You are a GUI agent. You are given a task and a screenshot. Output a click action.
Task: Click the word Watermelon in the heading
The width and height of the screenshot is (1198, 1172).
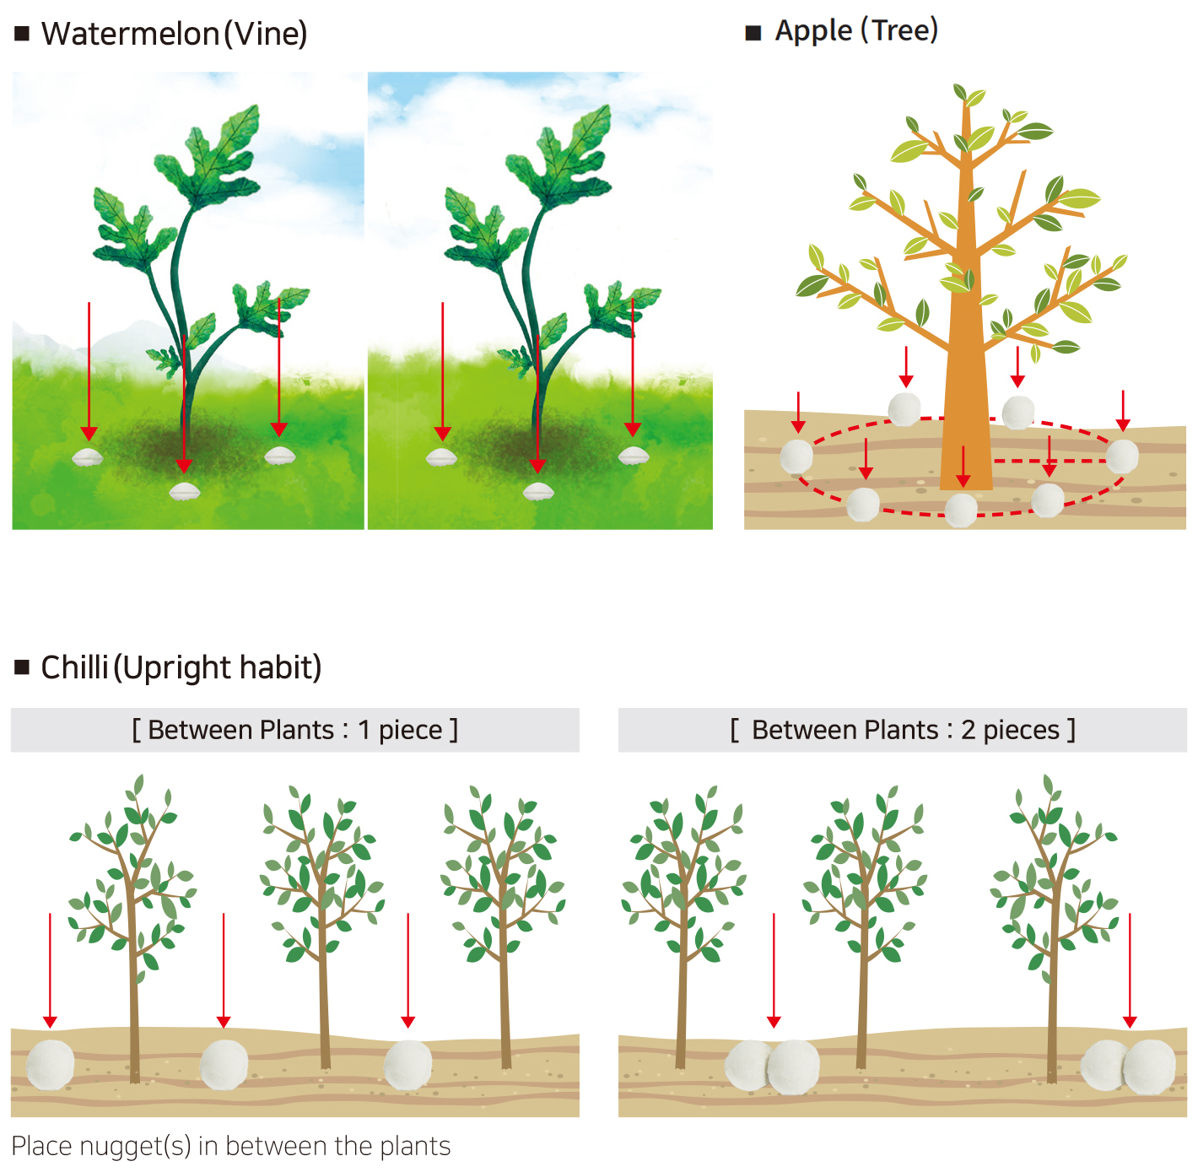[x=130, y=33]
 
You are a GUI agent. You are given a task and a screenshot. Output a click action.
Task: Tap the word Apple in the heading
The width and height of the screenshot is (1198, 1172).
[x=812, y=30]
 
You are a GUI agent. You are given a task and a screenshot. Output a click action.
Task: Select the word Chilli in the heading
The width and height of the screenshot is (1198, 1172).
[x=74, y=667]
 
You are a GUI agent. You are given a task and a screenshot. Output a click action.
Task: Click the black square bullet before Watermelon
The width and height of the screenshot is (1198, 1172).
[x=22, y=33]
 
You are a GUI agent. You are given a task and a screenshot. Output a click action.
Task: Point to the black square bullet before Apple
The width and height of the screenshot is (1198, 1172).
[x=753, y=33]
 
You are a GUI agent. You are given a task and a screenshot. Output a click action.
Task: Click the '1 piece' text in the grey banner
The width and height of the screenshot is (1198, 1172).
[x=400, y=730]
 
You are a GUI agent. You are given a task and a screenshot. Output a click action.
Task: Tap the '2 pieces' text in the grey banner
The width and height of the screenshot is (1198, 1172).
[x=1010, y=730]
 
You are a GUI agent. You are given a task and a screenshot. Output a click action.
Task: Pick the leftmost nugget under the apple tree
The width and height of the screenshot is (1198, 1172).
[x=796, y=456]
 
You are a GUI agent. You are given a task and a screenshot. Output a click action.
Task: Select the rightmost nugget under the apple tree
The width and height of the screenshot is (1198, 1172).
[x=1122, y=456]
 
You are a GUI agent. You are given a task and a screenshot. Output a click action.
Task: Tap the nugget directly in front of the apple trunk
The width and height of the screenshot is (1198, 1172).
[x=961, y=510]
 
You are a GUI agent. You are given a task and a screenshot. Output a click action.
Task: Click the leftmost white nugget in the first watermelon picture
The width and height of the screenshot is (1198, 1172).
[x=88, y=456]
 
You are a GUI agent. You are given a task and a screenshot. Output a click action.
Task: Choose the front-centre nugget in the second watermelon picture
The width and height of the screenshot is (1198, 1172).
[x=538, y=491]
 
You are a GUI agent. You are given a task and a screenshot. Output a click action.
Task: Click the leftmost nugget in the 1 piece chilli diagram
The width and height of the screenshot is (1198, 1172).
[x=51, y=1064]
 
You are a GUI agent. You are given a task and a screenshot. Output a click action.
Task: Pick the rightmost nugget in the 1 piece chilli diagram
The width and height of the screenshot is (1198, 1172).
[x=407, y=1064]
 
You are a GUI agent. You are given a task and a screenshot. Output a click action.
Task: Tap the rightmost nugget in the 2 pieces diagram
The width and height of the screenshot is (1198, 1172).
[x=1149, y=1067]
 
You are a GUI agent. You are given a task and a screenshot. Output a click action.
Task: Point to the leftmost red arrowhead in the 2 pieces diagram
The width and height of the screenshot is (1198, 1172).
[x=774, y=1022]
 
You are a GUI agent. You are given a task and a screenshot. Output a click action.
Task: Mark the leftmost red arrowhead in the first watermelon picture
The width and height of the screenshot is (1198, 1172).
[x=89, y=433]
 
